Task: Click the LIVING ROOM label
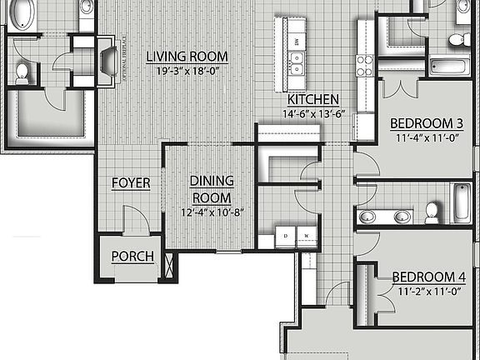(x=187, y=57)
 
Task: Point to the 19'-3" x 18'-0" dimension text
(x=187, y=71)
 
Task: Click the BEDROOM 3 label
(x=427, y=123)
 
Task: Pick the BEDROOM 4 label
(x=427, y=277)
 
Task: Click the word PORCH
(x=133, y=257)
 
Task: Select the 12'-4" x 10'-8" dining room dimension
(x=212, y=212)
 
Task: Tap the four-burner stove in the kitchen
(x=364, y=65)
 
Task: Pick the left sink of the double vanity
(x=367, y=217)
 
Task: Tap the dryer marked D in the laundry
(x=285, y=237)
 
